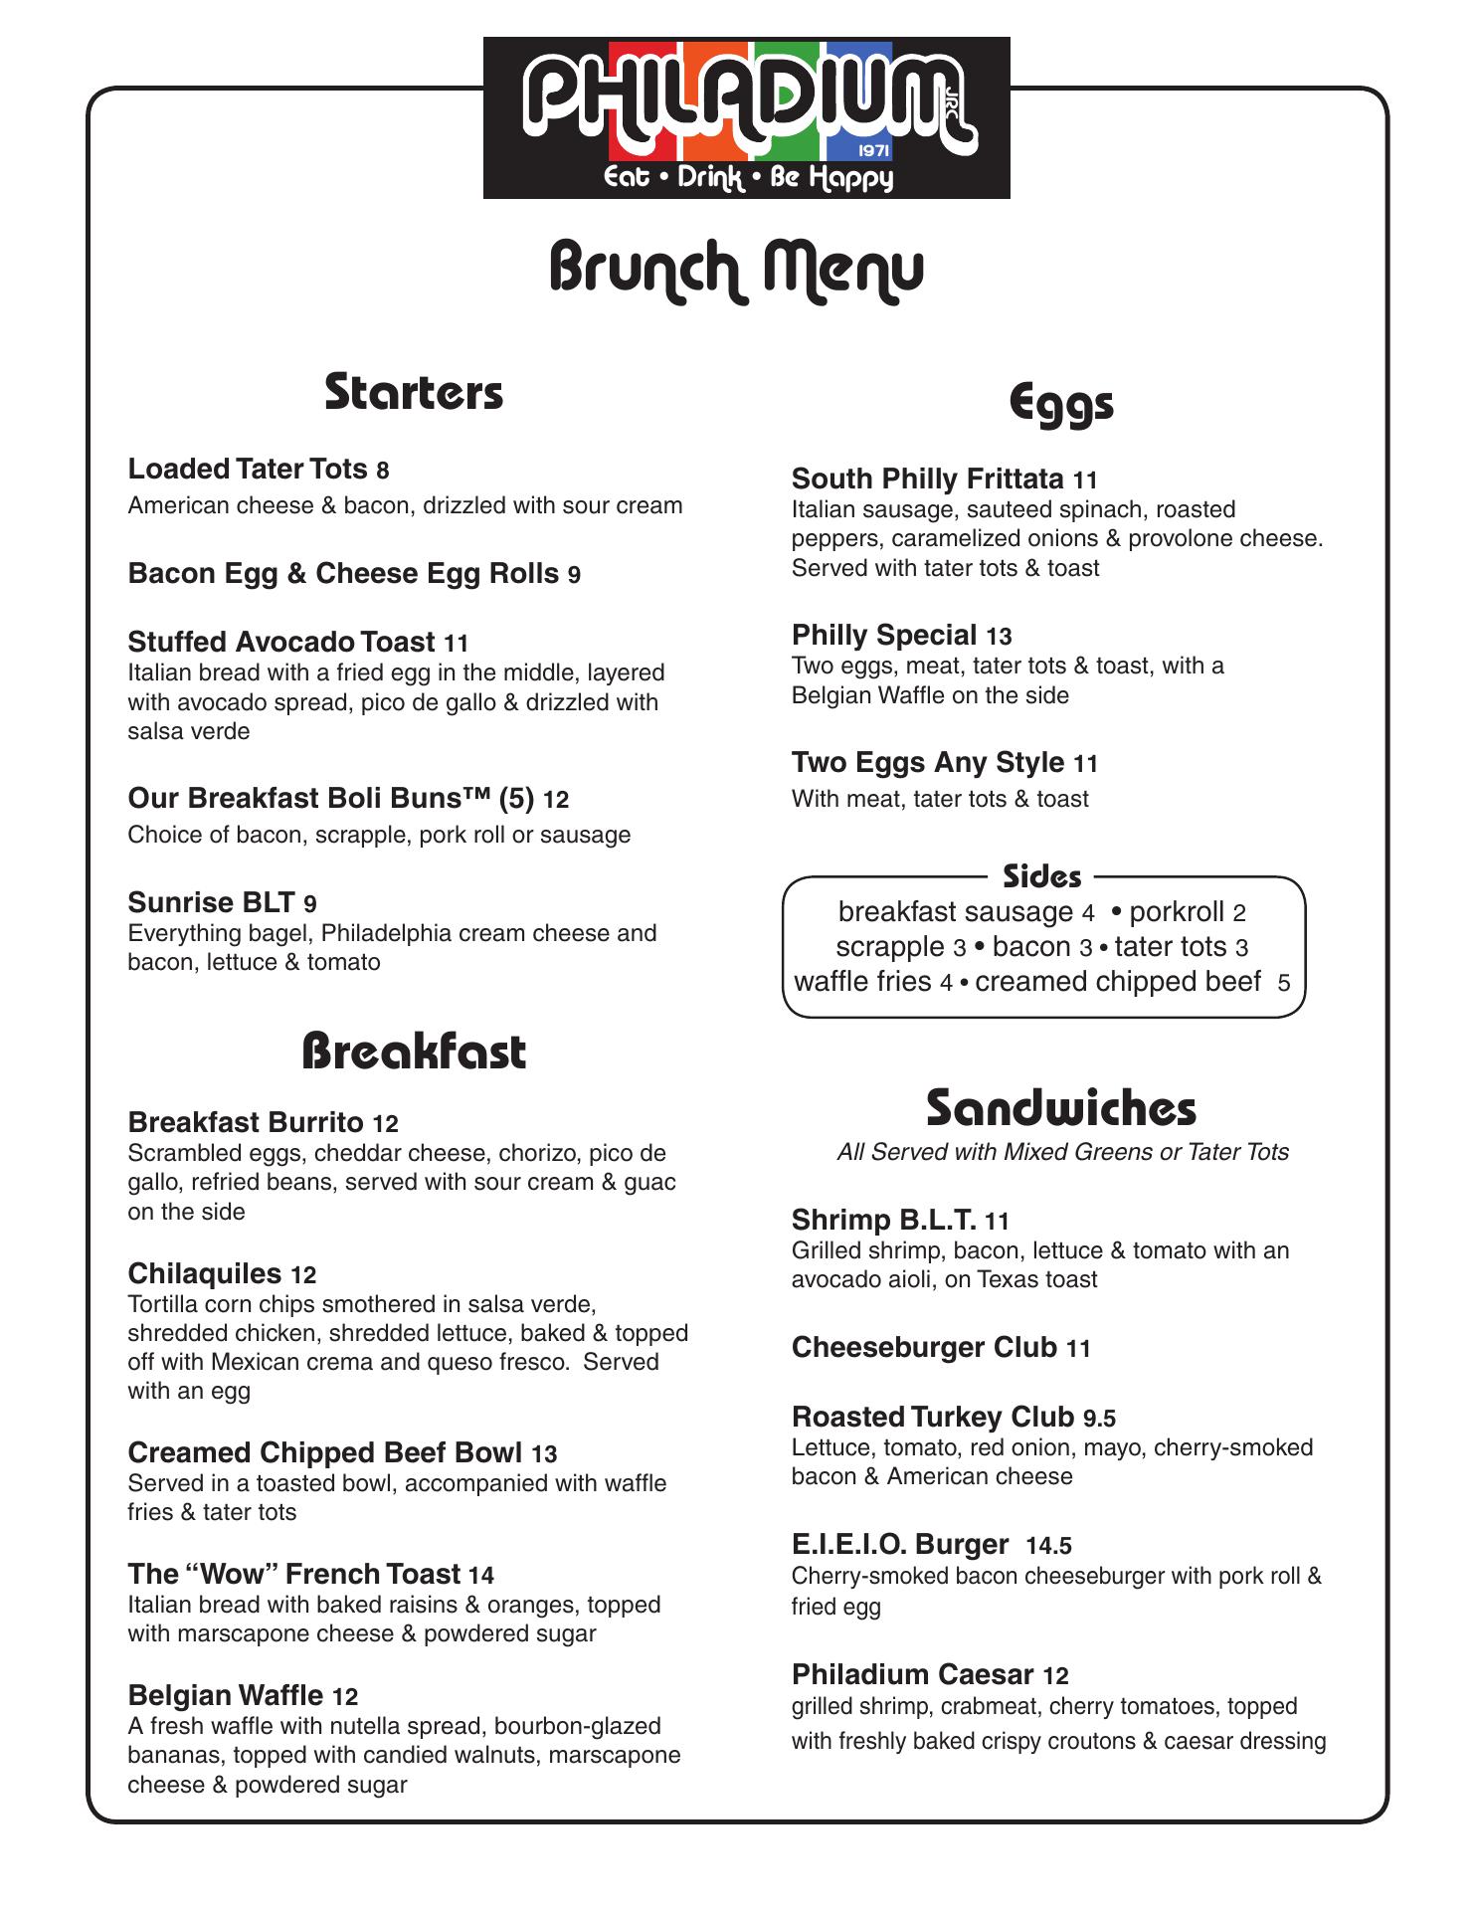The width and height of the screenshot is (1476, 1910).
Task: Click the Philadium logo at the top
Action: (x=746, y=117)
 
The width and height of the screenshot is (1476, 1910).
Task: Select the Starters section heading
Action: (x=414, y=392)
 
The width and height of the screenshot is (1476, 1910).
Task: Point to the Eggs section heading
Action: (x=1061, y=404)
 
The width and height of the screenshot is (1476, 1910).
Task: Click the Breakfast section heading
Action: (x=414, y=1051)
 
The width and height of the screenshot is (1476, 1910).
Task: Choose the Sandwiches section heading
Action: (x=1061, y=1108)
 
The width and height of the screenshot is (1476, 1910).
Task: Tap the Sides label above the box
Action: (x=1042, y=876)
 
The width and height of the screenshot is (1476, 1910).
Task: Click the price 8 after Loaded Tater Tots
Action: (x=383, y=471)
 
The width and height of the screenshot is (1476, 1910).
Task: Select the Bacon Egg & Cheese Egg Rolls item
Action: (x=343, y=574)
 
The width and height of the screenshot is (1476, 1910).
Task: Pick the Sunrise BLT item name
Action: (x=211, y=902)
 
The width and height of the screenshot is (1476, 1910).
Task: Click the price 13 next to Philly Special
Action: (x=999, y=637)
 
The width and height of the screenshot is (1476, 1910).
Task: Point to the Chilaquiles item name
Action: (x=205, y=1273)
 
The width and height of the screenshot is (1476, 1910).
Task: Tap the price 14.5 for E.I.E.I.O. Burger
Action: (x=1048, y=1546)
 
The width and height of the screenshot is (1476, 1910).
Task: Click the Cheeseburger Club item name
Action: (x=924, y=1348)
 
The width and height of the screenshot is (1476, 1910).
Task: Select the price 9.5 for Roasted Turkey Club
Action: (x=1099, y=1419)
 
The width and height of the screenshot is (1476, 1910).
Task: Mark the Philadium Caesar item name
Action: (x=912, y=1675)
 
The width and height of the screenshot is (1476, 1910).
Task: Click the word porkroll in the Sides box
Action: (x=1177, y=912)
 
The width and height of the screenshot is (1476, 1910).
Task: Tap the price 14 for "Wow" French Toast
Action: (x=481, y=1575)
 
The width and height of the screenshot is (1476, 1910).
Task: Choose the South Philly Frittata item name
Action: (x=927, y=479)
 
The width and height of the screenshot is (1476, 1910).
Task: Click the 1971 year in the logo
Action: (x=873, y=151)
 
